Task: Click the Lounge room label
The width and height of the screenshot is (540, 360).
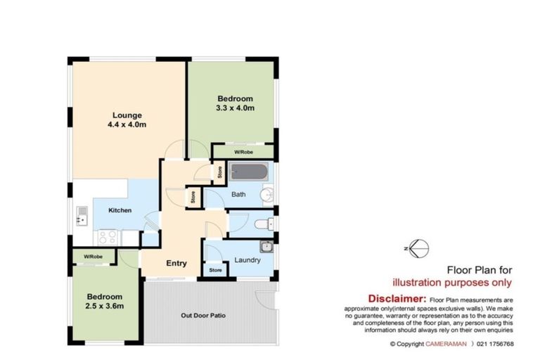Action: pos(127,115)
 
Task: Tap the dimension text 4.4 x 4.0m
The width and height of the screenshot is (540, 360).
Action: pos(127,125)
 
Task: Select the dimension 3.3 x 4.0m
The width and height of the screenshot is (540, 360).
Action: pos(234,108)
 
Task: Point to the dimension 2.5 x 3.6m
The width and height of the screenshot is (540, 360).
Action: pos(105,307)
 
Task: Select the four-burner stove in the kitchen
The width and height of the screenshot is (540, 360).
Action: pos(108,237)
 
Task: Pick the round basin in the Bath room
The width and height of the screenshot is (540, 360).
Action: pos(266,195)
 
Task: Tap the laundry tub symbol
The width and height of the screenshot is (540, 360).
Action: pos(265,246)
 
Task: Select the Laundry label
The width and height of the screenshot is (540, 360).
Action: pos(247,260)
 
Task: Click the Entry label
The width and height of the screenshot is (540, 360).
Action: pos(176,264)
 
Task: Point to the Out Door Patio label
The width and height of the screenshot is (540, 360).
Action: pos(203,315)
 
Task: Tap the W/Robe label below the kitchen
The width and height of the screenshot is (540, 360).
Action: pos(93,256)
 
